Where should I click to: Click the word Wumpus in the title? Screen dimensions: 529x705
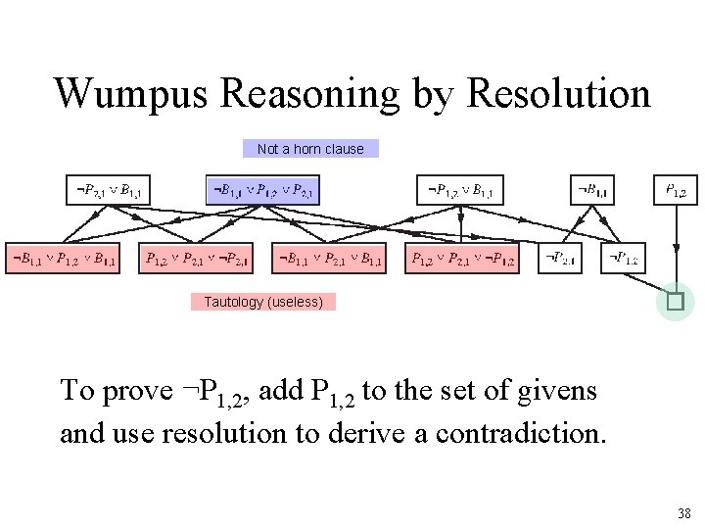(131, 94)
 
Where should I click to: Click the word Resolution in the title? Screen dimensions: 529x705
(559, 94)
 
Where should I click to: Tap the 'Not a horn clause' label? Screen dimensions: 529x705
(309, 149)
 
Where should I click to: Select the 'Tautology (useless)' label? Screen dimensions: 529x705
(263, 302)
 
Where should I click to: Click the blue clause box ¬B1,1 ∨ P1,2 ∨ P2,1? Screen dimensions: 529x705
(262, 190)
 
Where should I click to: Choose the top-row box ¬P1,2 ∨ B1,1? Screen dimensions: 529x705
(460, 190)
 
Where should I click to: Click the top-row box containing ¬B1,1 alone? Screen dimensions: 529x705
(593, 190)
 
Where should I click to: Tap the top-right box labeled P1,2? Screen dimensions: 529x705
(676, 190)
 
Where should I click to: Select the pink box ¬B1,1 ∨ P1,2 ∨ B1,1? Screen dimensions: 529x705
(64, 259)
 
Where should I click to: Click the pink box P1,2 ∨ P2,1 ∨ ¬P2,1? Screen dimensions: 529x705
(197, 259)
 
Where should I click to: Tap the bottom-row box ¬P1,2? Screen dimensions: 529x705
(623, 259)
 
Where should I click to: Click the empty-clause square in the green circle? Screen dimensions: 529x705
(675, 302)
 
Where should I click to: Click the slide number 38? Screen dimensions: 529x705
(683, 512)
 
